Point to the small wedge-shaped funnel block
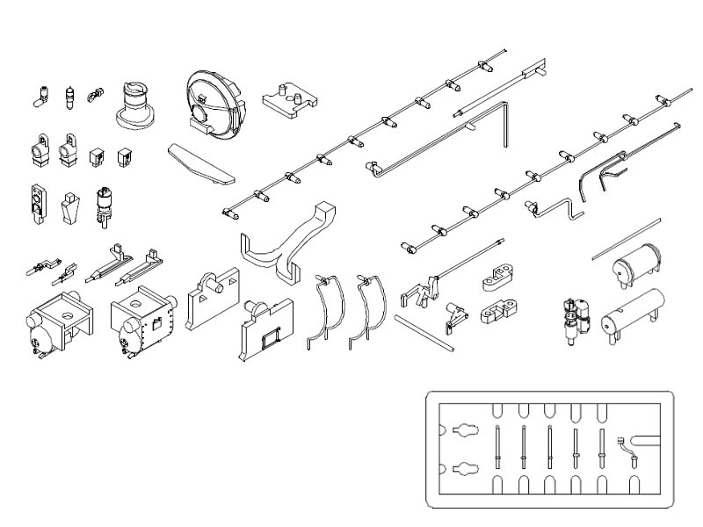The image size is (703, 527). pos(69,210)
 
